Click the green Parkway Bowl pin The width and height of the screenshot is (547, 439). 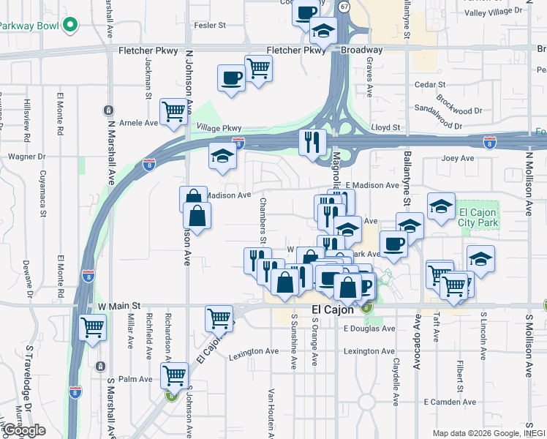tap(70, 25)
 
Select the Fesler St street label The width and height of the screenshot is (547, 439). tap(211, 25)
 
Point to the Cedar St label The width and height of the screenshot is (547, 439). tap(425, 84)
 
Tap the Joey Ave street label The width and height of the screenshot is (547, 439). tap(458, 158)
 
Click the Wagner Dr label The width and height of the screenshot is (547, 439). tap(26, 157)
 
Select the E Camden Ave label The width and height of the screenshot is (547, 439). tap(450, 402)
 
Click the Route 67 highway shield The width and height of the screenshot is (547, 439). tap(344, 5)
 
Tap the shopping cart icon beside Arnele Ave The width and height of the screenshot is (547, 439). tap(174, 112)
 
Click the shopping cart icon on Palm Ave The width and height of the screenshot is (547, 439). tap(174, 375)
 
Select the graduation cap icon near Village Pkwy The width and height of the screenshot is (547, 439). tap(222, 156)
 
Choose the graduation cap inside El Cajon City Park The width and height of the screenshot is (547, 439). tap(480, 258)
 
